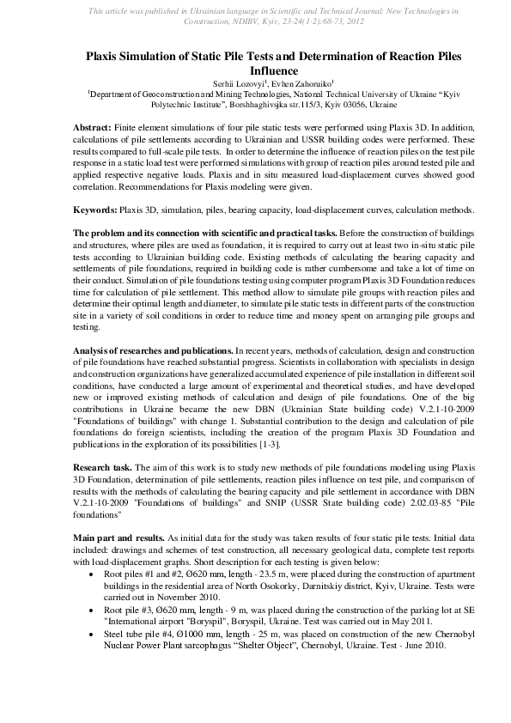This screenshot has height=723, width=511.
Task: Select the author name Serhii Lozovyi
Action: coord(238,82)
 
